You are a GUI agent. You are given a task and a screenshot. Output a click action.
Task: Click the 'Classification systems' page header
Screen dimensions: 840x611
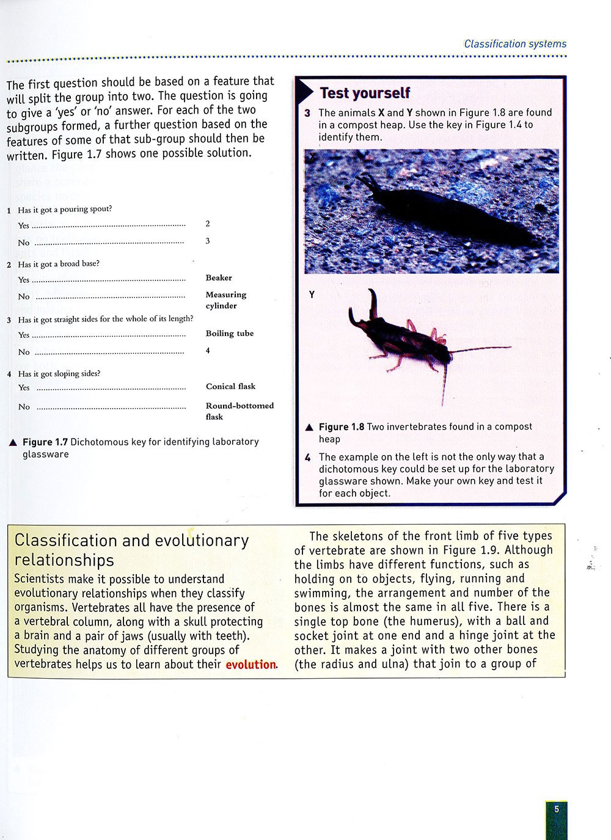515,44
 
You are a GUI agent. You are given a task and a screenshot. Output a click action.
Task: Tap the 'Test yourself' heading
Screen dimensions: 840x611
365,93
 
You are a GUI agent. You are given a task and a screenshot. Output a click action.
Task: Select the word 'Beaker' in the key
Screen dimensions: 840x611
219,278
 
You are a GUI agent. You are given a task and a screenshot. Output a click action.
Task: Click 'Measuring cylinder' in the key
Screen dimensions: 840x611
225,300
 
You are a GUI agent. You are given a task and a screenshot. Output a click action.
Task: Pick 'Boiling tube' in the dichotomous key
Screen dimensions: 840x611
229,334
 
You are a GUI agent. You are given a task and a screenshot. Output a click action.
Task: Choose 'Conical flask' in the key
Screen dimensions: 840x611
230,387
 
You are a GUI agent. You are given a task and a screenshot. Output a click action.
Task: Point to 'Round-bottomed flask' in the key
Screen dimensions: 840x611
239,411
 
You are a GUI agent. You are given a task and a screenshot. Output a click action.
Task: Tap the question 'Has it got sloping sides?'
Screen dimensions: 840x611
59,374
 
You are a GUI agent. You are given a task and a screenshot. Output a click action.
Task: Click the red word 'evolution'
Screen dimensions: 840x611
251,665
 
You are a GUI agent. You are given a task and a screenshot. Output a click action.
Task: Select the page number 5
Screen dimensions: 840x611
557,809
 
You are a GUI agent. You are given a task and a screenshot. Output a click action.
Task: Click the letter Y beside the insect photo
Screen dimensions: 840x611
312,295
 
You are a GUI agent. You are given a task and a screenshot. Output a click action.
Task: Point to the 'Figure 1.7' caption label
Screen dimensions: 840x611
45,442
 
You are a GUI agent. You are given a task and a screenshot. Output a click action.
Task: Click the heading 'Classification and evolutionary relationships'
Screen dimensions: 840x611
131,550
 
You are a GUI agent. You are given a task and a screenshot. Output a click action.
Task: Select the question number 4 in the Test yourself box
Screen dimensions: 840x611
308,457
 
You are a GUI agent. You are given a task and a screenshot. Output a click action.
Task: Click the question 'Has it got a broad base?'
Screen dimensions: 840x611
59,265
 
